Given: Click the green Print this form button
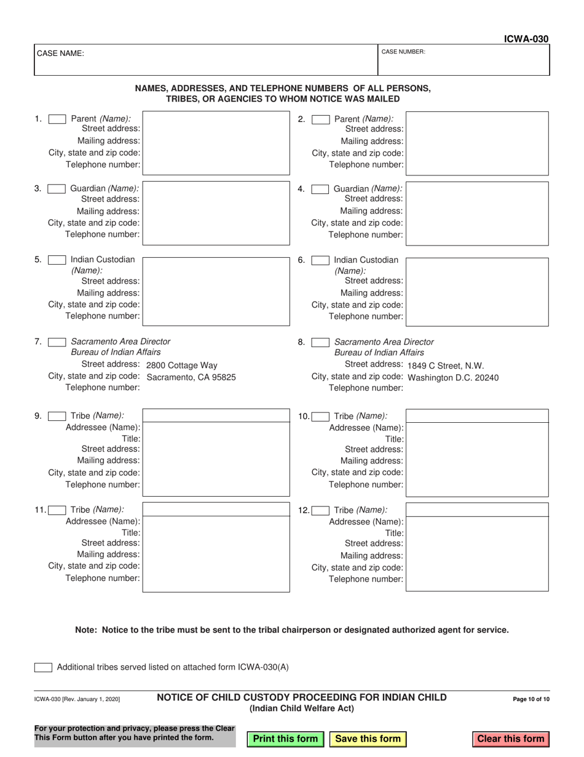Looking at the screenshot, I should pos(285,739).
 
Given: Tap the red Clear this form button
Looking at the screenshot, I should pos(511,739).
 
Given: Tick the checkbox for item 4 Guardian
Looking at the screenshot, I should pos(320,190).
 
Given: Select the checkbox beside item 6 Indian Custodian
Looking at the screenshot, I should pos(320,260).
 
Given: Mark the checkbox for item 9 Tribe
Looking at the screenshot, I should pos(57,416).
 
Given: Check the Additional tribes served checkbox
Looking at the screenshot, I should pos(43,667).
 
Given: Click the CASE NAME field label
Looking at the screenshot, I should pos(61,54).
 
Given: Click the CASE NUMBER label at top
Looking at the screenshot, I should pos(403,52).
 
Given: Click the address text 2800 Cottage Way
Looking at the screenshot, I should pos(182,365).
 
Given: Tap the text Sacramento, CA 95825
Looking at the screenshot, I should pos(191,377).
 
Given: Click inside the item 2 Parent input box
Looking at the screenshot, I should pos(477,143).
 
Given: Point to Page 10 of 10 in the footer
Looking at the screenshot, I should pos(531,699).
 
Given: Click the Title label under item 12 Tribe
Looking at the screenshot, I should pos(394,533).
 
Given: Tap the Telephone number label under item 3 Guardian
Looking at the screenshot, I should pos(103,234).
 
